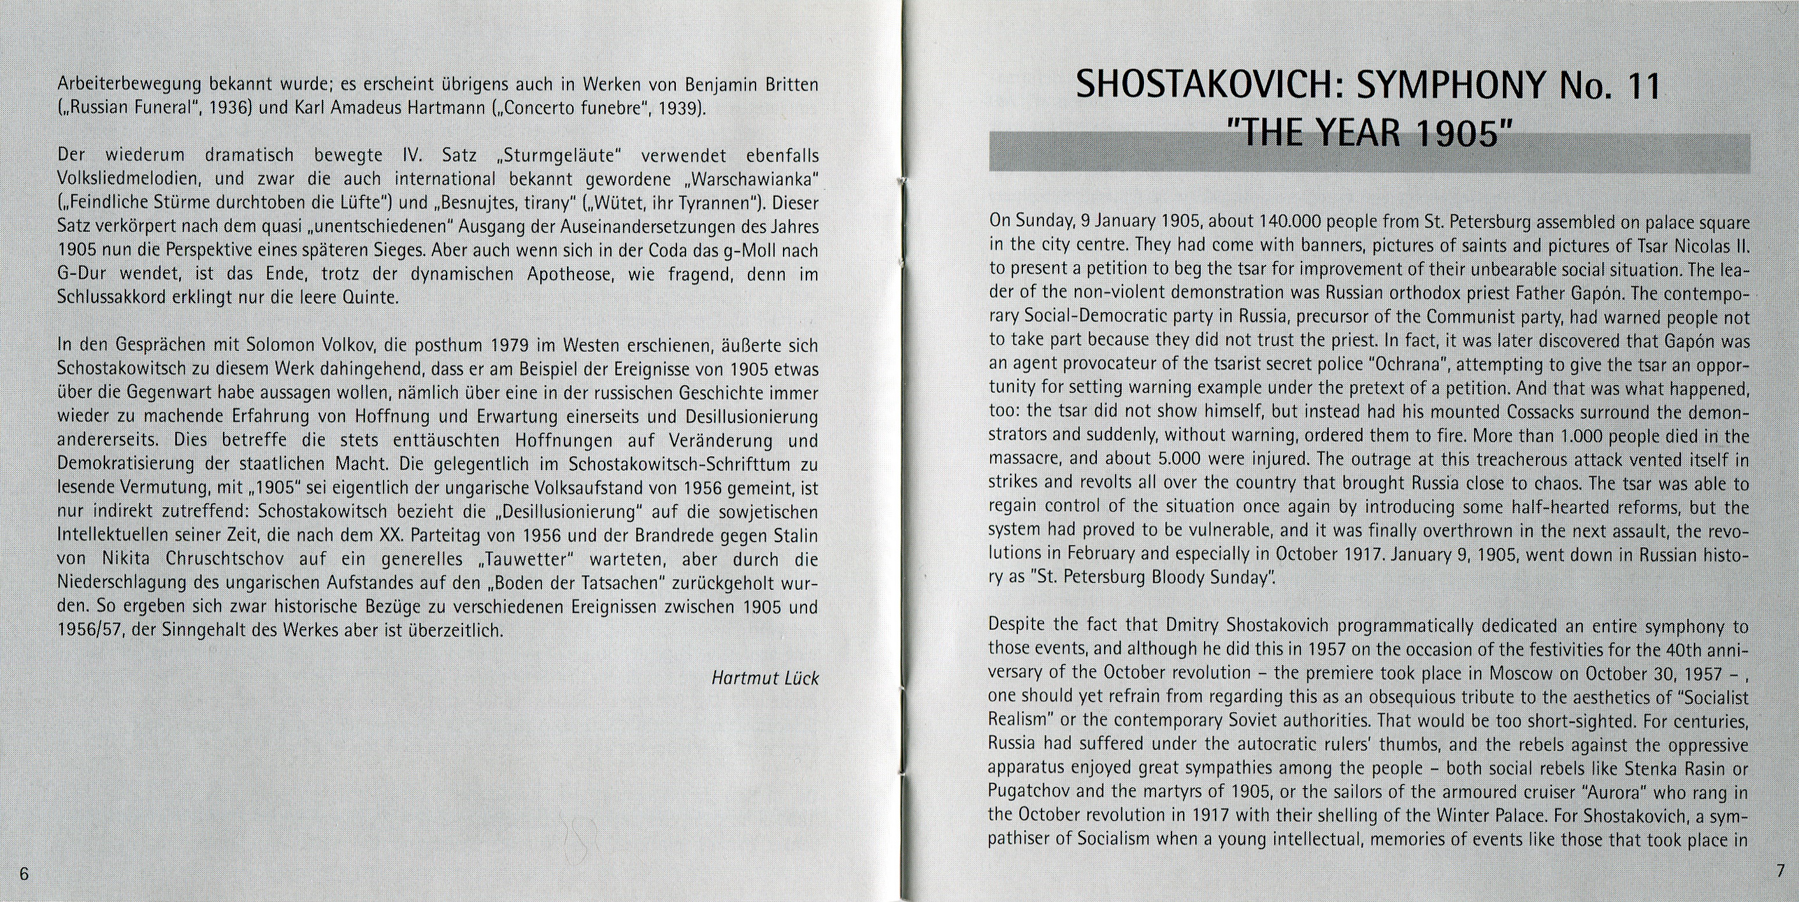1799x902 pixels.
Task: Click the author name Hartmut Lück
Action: pyautogui.click(x=764, y=678)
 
